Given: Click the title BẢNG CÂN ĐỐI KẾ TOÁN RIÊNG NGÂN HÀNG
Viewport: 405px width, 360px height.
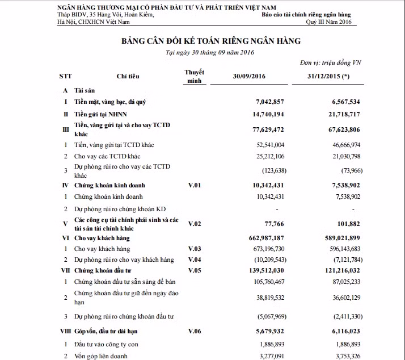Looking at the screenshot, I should point(210,41).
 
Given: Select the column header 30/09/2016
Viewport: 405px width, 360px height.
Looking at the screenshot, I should point(249,76).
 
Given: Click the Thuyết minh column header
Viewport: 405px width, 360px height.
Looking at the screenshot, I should point(195,76).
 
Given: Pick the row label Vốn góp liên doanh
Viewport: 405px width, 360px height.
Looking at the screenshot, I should point(101,356).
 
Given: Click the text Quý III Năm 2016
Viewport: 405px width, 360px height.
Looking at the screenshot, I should point(328,22).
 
